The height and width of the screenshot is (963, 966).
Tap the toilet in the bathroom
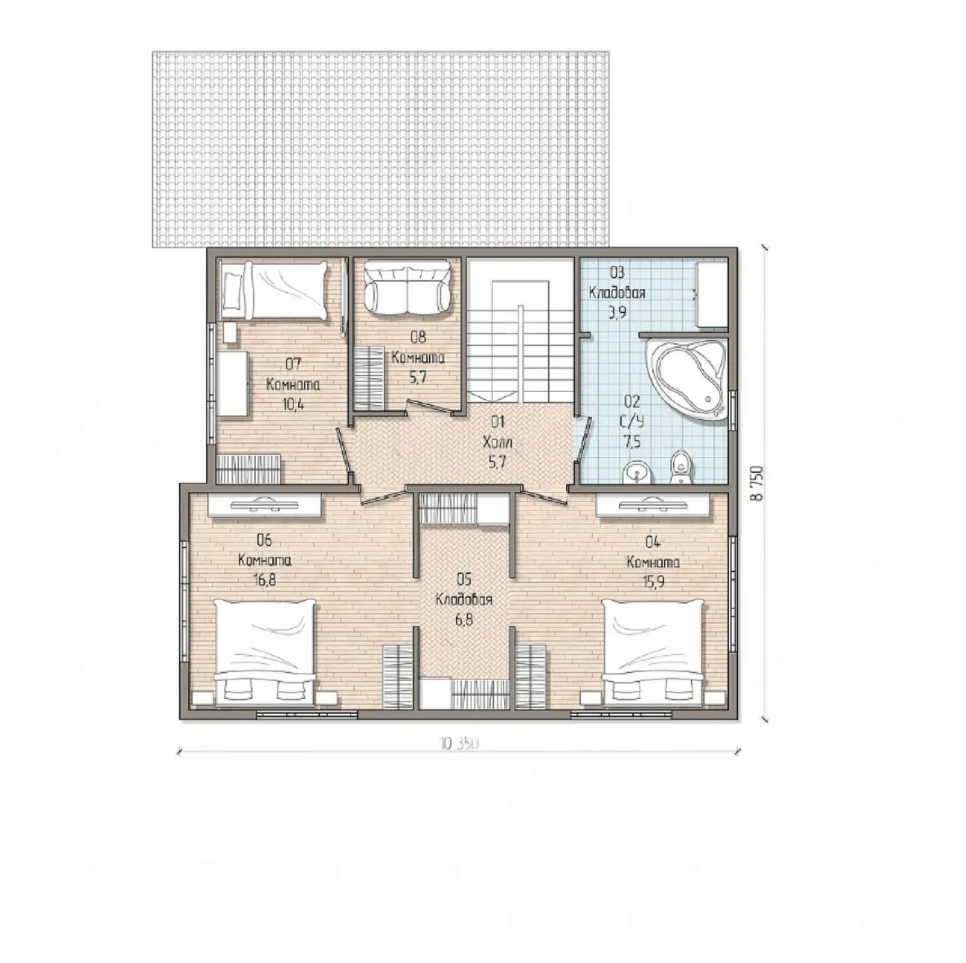pos(681,467)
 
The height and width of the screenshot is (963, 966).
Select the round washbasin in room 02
pos(637,473)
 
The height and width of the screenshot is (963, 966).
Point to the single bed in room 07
pos(274,292)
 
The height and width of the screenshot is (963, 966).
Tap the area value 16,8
pos(264,580)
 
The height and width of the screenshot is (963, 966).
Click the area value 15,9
pos(654,583)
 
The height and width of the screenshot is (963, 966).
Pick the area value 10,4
pos(294,405)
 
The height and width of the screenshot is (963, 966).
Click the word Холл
pos(497,442)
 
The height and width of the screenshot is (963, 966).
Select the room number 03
pos(617,272)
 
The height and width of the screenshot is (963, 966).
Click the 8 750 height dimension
pos(756,483)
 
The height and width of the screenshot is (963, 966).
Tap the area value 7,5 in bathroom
pos(632,442)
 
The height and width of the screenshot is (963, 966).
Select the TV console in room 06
pos(264,505)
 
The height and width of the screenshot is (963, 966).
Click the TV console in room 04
pos(653,505)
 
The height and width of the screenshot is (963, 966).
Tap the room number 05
pos(464,580)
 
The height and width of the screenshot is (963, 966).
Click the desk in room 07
pos(232,383)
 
